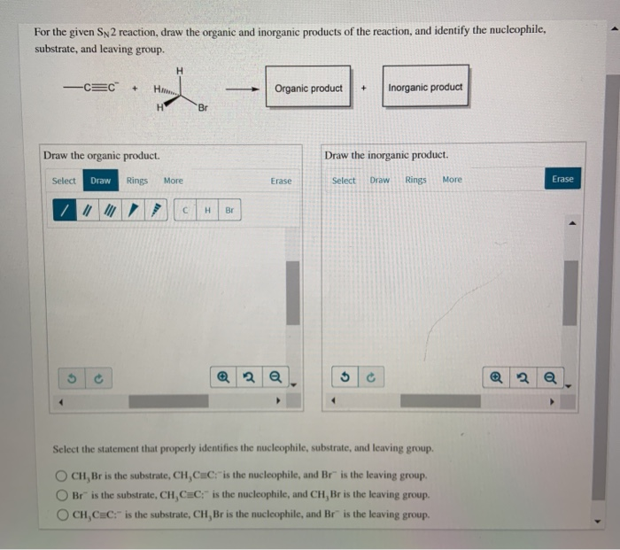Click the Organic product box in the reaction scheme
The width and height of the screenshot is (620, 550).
point(308,88)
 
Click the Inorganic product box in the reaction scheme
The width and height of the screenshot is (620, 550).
point(425,88)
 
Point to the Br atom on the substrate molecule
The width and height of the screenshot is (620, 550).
point(203,108)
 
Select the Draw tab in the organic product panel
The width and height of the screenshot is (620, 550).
point(101,181)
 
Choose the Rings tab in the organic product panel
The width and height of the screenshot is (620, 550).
point(137,181)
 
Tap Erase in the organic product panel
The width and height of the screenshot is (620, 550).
point(281,181)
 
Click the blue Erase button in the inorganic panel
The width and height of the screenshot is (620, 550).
point(562,179)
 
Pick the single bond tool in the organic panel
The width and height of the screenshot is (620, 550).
point(63,211)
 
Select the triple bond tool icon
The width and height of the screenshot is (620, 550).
point(109,211)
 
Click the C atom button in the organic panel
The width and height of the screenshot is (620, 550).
point(185,211)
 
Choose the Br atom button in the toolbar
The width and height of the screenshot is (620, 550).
point(229,211)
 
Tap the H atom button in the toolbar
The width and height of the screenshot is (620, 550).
point(206,211)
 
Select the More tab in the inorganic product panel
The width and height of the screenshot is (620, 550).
point(452,180)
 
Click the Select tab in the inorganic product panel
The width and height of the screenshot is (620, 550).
point(344,180)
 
